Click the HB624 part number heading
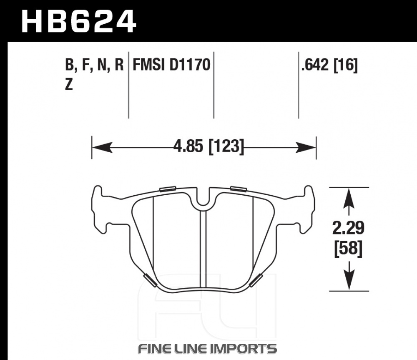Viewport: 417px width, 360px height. (79, 21)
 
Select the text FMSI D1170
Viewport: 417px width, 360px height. (171, 65)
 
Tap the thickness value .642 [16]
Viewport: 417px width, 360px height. (329, 65)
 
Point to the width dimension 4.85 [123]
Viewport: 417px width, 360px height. (208, 146)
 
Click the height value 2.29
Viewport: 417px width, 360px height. (348, 228)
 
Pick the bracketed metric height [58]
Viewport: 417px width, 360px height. (348, 249)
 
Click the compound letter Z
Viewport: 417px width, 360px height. (69, 85)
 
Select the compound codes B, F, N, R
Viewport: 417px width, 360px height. (94, 65)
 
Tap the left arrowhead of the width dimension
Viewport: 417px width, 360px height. (102, 147)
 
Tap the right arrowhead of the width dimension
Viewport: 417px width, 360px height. (306, 147)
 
